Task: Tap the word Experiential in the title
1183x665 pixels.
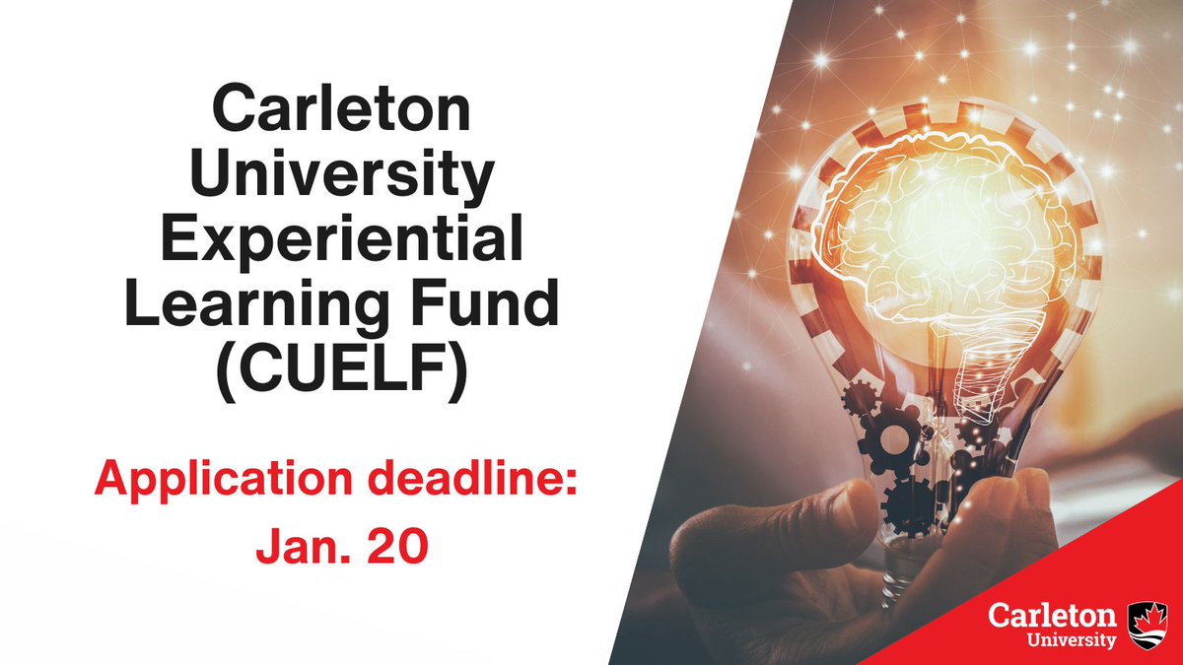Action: click(342, 241)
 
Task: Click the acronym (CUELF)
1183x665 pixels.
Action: click(342, 372)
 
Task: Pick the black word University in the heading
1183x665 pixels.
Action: click(342, 178)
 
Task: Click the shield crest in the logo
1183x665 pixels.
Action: click(1148, 625)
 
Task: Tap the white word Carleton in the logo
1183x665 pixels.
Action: click(1053, 616)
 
